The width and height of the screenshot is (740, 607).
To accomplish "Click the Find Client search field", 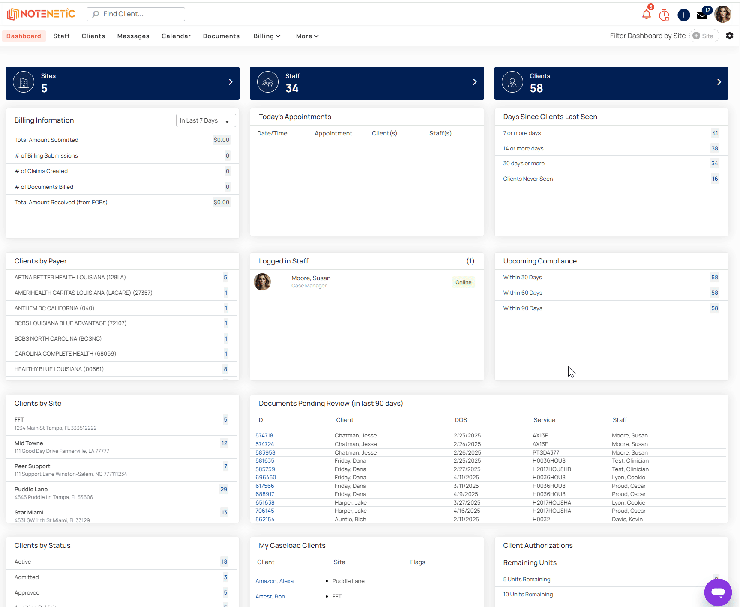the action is pos(136,14).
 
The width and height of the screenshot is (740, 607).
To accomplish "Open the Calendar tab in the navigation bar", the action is pos(176,36).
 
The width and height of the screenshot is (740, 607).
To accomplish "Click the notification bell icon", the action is pos(647,15).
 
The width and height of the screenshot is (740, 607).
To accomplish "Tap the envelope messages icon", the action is pos(702,15).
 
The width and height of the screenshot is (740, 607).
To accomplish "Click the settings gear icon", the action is pos(730,36).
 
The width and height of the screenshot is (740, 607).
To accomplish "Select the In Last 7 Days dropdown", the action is pos(206,120).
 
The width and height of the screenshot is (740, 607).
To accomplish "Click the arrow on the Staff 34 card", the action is pos(475,82).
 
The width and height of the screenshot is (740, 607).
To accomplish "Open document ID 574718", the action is pos(264,436).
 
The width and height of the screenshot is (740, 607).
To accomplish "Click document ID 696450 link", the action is pos(266,478).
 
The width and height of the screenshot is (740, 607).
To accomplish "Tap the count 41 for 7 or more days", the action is pos(715,133).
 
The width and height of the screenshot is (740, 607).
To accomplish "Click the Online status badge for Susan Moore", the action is pos(464,282).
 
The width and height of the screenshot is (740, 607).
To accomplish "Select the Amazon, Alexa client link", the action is pos(275,581).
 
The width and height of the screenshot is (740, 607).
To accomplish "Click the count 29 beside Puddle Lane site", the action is pos(224,490).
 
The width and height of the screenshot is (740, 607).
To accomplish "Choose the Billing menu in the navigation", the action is pos(267,36).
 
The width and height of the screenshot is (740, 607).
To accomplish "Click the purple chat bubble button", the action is pos(718,592).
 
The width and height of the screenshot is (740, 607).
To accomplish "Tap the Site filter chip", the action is pos(704,36).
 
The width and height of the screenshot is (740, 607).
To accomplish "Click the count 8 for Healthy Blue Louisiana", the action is pos(225,369).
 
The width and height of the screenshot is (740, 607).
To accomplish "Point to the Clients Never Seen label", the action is pos(528,179).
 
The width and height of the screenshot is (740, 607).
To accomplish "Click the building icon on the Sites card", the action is pos(24,82).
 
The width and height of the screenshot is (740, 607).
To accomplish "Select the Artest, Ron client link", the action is pos(270,597).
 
